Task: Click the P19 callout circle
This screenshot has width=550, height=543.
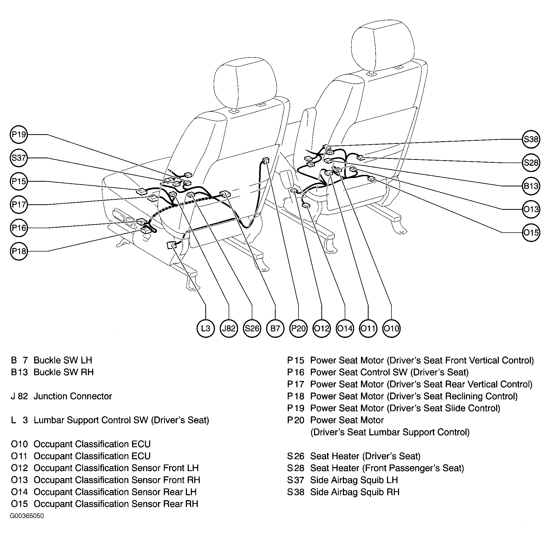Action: [x=19, y=134]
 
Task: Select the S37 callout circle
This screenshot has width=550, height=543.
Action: [x=19, y=158]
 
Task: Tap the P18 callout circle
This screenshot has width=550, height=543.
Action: [x=19, y=251]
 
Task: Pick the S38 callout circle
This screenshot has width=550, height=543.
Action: [x=531, y=139]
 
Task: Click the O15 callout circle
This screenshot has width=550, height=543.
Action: [x=531, y=233]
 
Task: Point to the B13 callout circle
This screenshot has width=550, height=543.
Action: [x=531, y=186]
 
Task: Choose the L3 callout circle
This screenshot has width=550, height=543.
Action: [x=206, y=328]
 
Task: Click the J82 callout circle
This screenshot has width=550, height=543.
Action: [x=229, y=328]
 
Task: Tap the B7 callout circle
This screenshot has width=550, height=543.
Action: [x=275, y=328]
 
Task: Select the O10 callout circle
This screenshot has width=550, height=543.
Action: [x=391, y=328]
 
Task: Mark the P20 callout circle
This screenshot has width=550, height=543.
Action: [x=298, y=328]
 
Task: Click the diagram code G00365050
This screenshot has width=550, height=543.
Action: [x=27, y=516]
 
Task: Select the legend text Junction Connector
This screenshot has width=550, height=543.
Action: [x=73, y=396]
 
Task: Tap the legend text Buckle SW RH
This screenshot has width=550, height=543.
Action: [x=64, y=372]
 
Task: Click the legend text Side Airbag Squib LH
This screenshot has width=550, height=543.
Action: [x=354, y=480]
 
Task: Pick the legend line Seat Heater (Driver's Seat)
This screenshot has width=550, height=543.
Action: [x=354, y=456]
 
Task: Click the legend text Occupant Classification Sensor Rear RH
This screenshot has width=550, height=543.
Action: [x=116, y=504]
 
